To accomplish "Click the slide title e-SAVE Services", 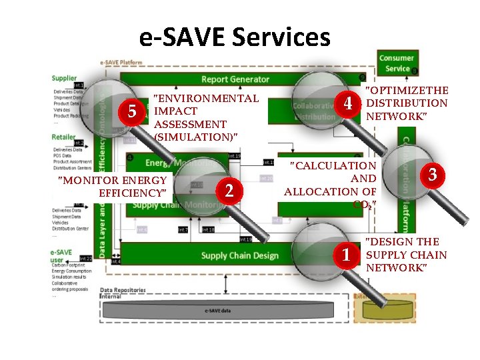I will [x=235, y=37].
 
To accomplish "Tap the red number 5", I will [x=132, y=111].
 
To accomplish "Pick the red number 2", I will [x=229, y=191].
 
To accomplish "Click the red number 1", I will [x=346, y=254].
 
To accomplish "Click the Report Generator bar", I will [x=235, y=79].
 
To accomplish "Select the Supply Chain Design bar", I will [x=239, y=255].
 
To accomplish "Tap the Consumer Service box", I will [x=397, y=63].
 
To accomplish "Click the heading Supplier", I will [x=64, y=78].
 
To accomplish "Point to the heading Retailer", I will [x=63, y=137].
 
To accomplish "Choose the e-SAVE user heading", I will [x=61, y=255].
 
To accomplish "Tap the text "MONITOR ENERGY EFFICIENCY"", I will [x=112, y=187].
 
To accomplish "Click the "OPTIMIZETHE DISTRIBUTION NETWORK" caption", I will [x=407, y=103].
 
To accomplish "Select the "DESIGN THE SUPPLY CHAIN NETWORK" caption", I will [x=406, y=254].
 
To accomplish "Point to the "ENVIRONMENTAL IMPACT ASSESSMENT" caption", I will [x=205, y=117].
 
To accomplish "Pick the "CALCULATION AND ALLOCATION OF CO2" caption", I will [x=331, y=185].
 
